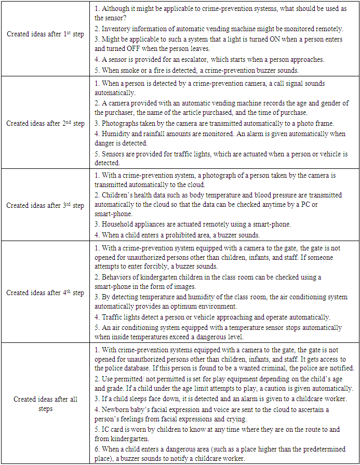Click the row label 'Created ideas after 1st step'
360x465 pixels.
tap(45, 34)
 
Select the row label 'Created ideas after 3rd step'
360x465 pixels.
tap(45, 205)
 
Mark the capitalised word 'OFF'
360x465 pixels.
tap(146, 49)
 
